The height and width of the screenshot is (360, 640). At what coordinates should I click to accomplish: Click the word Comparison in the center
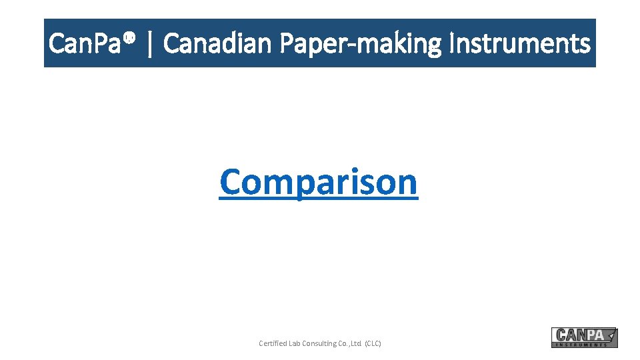pyautogui.click(x=319, y=181)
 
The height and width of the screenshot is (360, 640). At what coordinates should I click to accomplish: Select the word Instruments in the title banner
pyautogui.click(x=520, y=44)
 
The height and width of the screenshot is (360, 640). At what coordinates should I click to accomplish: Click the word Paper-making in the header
pyautogui.click(x=361, y=44)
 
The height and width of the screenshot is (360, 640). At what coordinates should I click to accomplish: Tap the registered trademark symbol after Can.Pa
pyautogui.click(x=131, y=38)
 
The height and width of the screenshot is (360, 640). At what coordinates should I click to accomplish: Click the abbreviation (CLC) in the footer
pyautogui.click(x=373, y=343)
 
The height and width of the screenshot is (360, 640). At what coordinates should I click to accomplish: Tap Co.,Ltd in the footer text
pyautogui.click(x=350, y=343)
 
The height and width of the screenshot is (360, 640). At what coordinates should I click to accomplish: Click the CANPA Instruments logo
pyautogui.click(x=584, y=337)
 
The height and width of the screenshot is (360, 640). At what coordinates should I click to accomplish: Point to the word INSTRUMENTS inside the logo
pyautogui.click(x=581, y=345)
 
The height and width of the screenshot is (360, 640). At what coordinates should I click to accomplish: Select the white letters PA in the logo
pyautogui.click(x=595, y=335)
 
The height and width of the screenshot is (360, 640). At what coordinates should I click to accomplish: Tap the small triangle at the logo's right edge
pyautogui.click(x=611, y=333)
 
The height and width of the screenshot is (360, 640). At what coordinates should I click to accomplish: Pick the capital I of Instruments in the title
pyautogui.click(x=453, y=44)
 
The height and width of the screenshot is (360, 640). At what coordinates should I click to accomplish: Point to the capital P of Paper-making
pyautogui.click(x=287, y=44)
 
